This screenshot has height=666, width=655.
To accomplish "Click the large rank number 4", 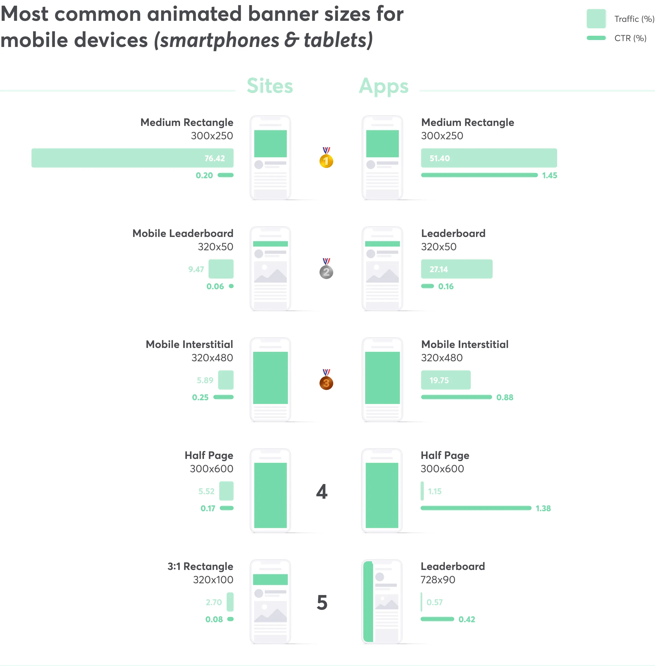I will (322, 491).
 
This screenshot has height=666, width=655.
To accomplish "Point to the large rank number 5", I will (322, 602).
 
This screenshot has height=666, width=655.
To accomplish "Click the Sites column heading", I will (270, 86).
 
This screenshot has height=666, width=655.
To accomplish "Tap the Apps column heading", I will (384, 86).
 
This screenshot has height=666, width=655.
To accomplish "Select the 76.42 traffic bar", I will (133, 158).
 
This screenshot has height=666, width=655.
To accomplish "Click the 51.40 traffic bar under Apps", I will (489, 158).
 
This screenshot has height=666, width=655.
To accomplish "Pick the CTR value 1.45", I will (549, 176).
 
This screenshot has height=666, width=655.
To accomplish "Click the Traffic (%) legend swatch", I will (596, 19).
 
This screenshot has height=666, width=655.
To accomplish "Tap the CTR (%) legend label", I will (630, 38).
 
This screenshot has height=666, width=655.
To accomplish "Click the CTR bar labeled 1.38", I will (476, 508).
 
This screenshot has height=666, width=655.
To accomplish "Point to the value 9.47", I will (196, 269).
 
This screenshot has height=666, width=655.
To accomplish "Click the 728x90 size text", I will (438, 580).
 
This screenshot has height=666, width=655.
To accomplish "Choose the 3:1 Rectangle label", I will (200, 566).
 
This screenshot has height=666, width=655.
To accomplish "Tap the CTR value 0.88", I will (504, 398).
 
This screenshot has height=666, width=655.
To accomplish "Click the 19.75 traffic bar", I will (445, 380).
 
